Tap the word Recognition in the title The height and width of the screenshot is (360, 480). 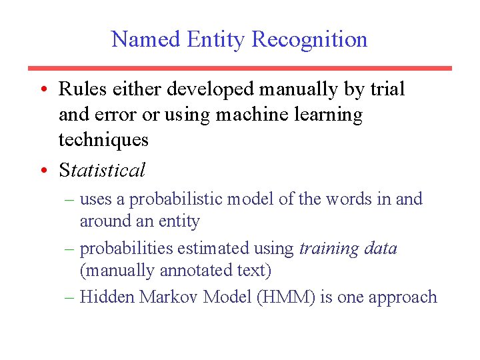click(309, 40)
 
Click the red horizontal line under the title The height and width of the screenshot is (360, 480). click(239, 68)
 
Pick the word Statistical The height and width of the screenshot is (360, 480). click(102, 171)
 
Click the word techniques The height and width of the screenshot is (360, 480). click(103, 141)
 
